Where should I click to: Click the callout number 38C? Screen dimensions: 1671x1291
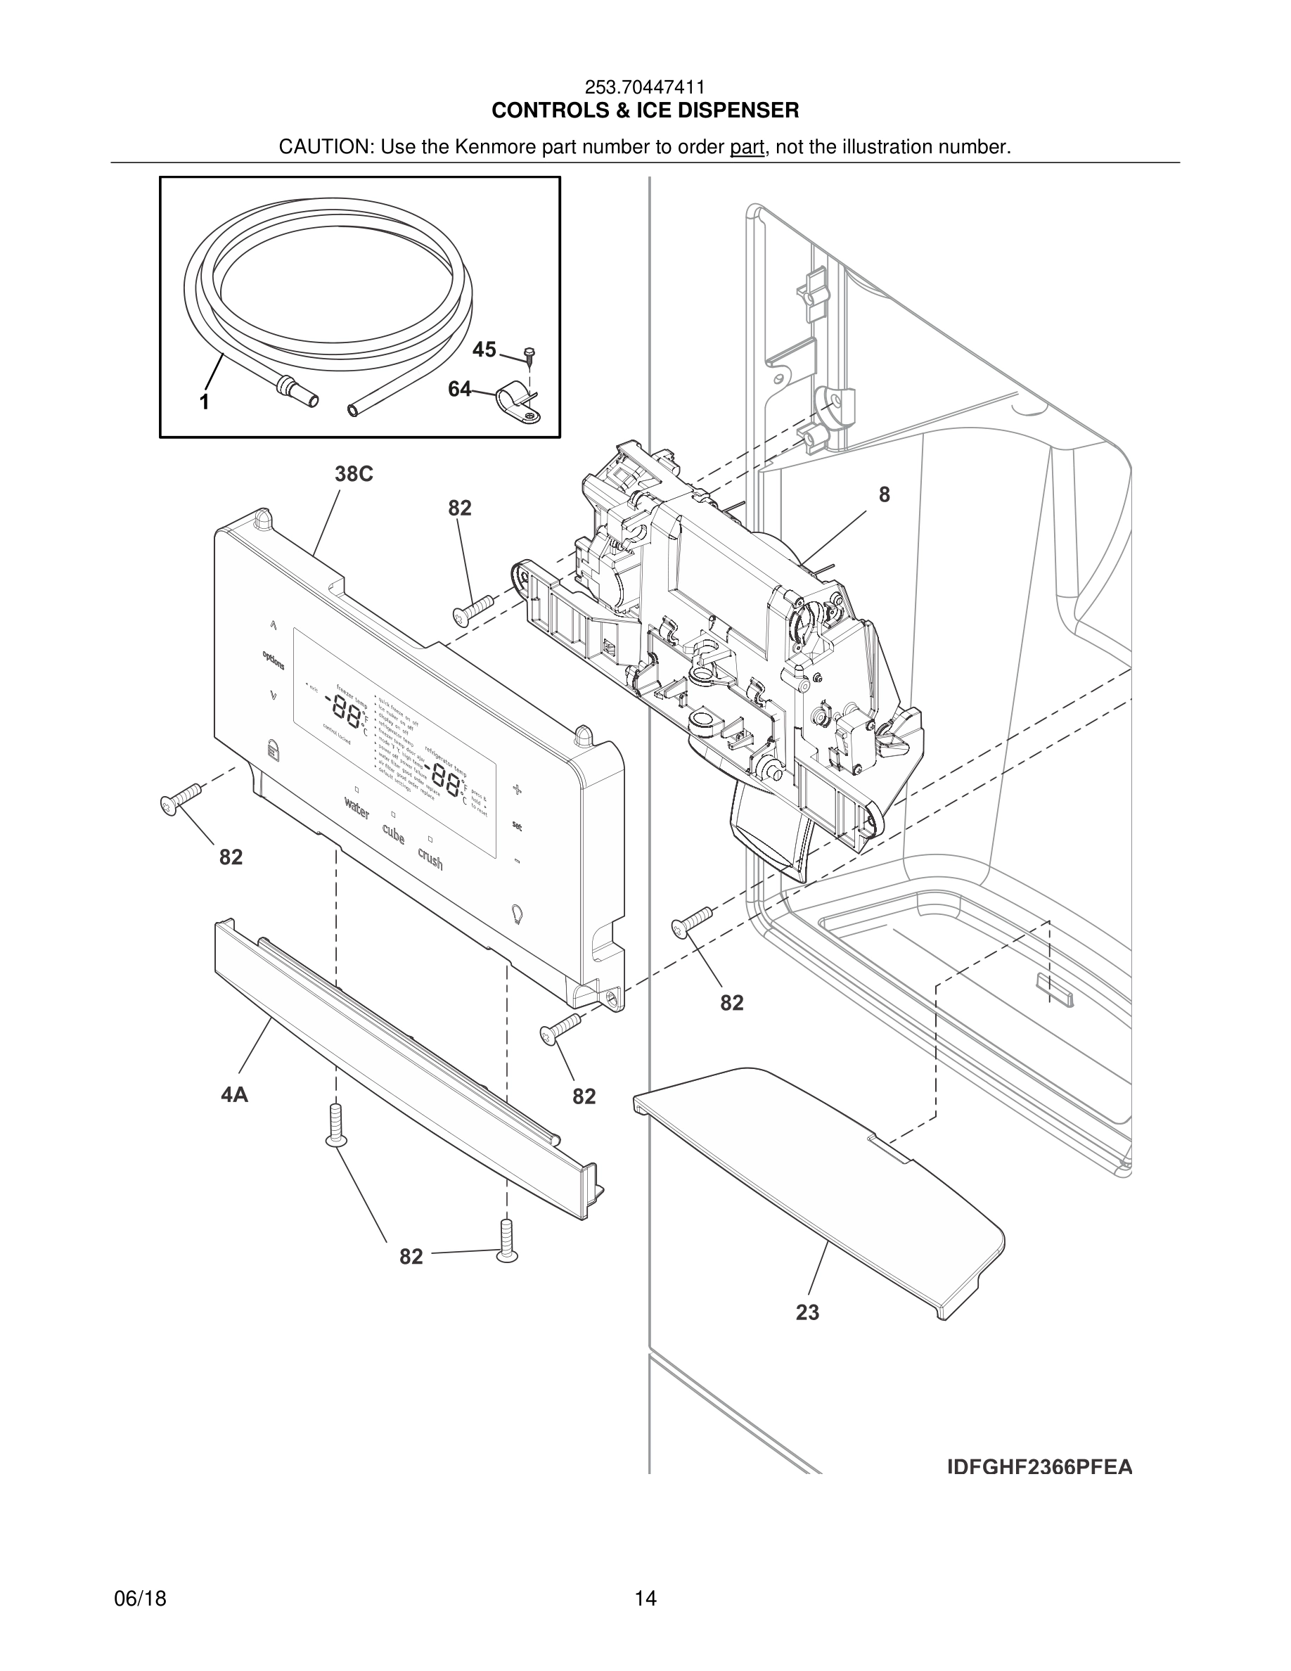(354, 475)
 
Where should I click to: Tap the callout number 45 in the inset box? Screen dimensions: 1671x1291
(484, 350)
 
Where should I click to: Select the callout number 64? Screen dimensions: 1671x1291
(460, 390)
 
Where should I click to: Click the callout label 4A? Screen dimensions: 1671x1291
(235, 1095)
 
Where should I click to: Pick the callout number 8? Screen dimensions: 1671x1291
(884, 495)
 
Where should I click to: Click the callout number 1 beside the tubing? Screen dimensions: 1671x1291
(204, 402)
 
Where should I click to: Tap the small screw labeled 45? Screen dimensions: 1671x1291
(529, 353)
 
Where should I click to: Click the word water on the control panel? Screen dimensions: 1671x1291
(357, 807)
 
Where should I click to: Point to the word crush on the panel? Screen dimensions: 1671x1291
(430, 859)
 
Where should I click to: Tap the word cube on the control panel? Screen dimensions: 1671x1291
(393, 834)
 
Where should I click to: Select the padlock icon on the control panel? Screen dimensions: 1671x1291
(272, 748)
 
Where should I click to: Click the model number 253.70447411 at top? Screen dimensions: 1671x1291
(645, 88)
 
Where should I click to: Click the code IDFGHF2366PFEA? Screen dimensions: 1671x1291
(1039, 1468)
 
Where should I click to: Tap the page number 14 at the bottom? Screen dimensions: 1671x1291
(645, 1599)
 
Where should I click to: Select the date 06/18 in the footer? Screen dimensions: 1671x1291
(140, 1599)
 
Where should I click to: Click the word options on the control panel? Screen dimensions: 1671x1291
(273, 660)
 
